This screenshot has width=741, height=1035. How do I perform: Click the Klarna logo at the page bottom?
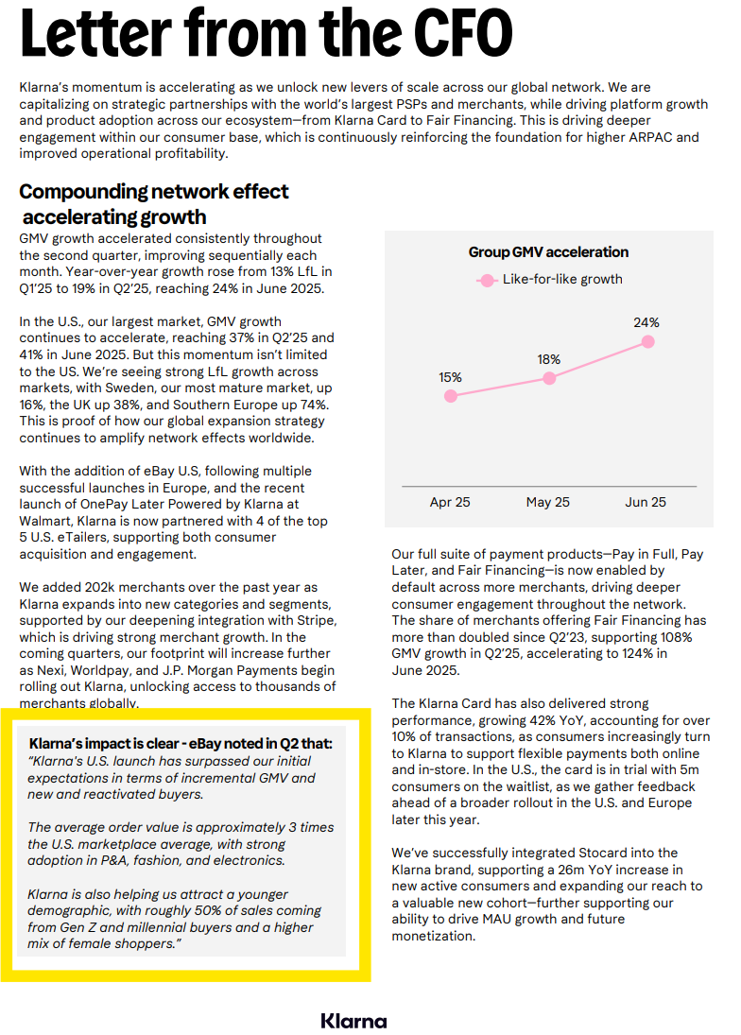353,1021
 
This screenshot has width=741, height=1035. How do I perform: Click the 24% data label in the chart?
646,322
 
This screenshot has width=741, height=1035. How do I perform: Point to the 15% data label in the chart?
450,377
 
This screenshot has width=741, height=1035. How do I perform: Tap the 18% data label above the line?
548,359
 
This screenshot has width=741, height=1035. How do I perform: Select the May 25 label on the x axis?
548,502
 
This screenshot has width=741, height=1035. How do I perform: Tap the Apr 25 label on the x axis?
450,502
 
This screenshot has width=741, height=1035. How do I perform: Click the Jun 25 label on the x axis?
646,502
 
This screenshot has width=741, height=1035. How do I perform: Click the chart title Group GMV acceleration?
548,252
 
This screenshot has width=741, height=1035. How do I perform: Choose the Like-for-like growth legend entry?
562,279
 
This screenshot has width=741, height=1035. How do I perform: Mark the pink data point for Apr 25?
451,396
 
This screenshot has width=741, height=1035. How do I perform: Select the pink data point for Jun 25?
647,341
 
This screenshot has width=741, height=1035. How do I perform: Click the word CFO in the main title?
459,33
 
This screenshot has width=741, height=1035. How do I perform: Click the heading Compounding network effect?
154,192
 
